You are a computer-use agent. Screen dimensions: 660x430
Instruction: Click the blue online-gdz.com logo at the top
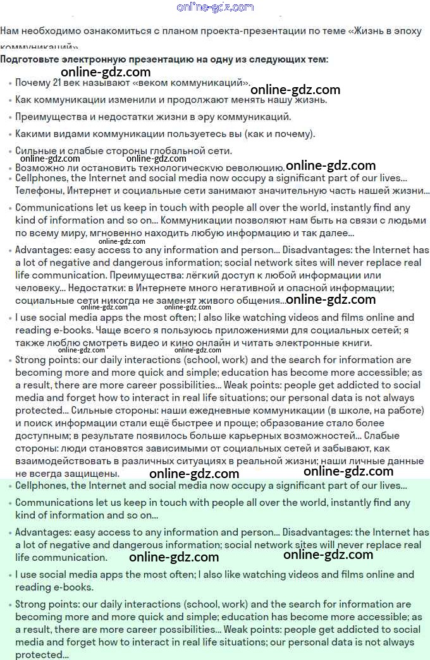(x=215, y=8)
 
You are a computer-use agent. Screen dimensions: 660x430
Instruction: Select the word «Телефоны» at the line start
(x=39, y=191)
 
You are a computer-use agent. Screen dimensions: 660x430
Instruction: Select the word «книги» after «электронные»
(x=355, y=343)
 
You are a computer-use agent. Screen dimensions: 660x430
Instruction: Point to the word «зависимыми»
(x=126, y=448)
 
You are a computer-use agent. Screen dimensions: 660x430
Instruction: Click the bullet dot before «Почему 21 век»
(x=10, y=83)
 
